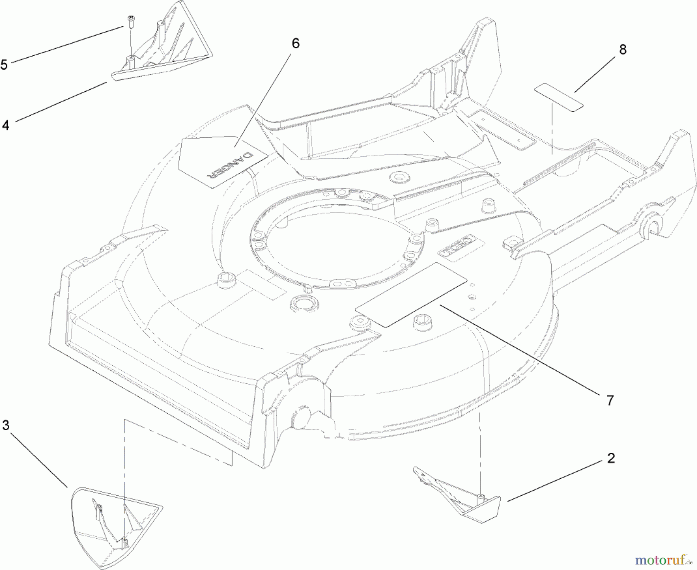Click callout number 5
[x=4, y=64]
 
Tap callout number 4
[x=5, y=125]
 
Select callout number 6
[x=295, y=43]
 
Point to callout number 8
[x=623, y=50]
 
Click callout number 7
[x=610, y=400]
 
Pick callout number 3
[x=5, y=425]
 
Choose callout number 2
[x=611, y=458]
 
